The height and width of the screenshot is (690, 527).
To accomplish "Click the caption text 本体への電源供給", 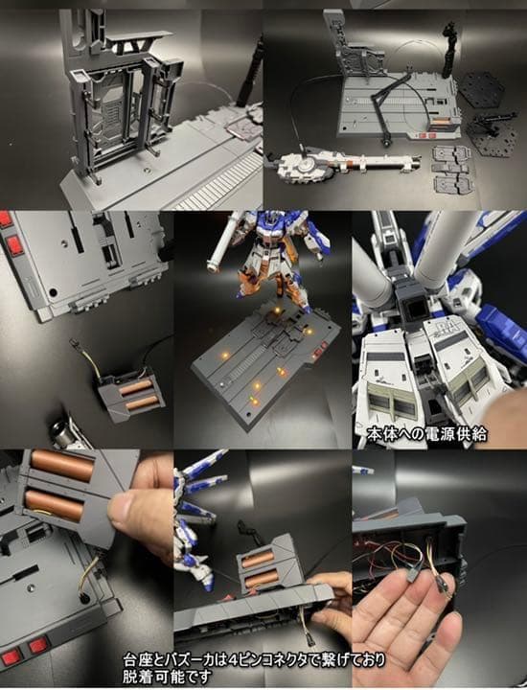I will tap(426, 434).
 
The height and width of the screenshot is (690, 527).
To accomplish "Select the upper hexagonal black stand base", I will tap(482, 89).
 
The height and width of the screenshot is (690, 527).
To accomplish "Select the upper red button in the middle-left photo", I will tap(7, 219).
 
